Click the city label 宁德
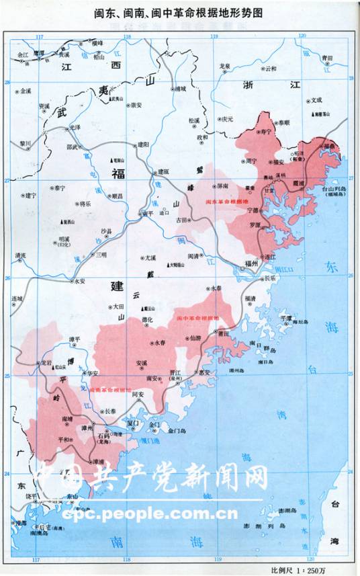(x=253, y=211)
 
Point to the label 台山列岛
(x=332, y=190)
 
